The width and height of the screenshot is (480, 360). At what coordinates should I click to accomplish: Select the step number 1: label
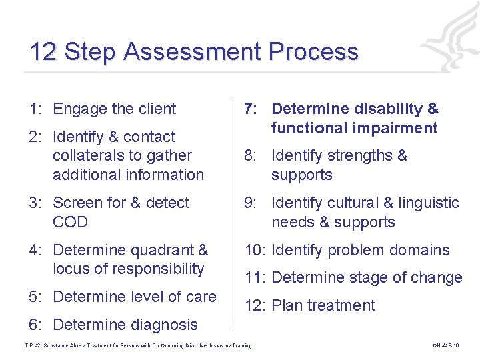point(37,109)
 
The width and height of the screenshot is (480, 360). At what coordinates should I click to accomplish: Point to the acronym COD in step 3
point(70,222)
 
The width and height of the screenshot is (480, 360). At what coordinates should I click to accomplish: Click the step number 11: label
point(256,278)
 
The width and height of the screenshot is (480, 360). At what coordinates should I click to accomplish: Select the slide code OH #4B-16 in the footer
point(446,345)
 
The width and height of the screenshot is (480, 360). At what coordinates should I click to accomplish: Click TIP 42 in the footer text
point(33,345)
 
